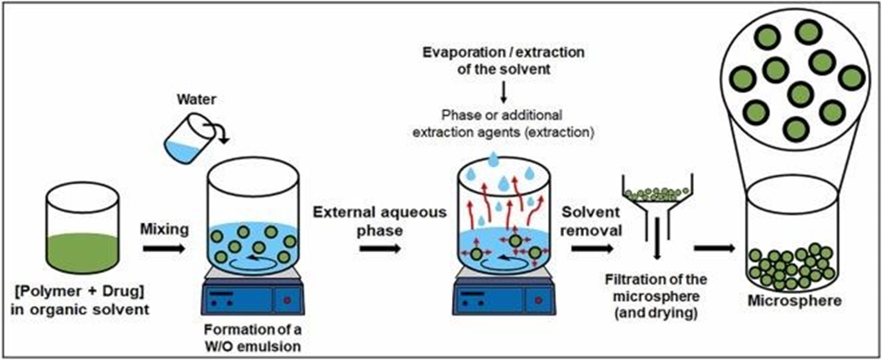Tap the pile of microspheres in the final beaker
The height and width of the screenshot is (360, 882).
[790, 264]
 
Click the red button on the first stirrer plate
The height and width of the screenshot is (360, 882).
[290, 301]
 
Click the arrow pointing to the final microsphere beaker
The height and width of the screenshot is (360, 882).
[713, 249]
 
